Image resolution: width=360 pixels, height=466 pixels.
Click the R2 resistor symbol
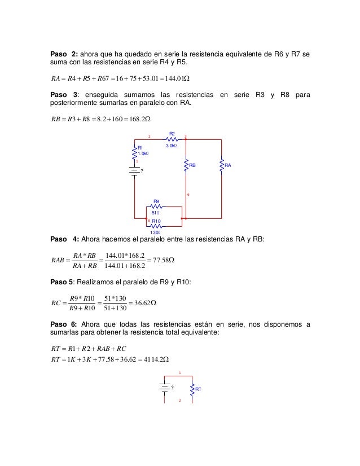point(172,139)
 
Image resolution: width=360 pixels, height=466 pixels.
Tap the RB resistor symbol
point(186,165)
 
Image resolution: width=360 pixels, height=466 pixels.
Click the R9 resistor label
point(157,200)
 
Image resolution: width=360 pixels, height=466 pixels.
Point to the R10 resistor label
point(157,221)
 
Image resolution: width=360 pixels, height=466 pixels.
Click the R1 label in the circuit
point(141,147)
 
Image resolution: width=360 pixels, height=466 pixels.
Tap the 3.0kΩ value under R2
point(172,146)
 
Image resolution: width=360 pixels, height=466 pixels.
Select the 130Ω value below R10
point(155,232)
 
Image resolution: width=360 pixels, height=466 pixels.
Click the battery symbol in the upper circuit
point(134,172)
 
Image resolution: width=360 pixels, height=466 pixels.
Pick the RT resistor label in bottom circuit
point(199,389)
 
